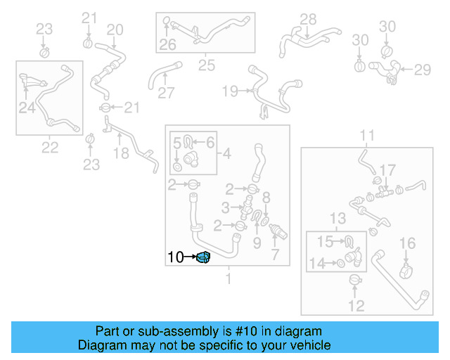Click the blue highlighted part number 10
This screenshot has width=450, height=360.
point(204,258)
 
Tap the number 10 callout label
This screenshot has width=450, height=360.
point(176,258)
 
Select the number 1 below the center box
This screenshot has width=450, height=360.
point(227,279)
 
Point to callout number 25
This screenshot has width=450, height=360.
point(206,66)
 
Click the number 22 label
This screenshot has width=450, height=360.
point(49,148)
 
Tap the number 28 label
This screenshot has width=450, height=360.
point(308,19)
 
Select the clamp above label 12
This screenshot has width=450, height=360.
point(356,282)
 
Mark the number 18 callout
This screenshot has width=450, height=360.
point(122,154)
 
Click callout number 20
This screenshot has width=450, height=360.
point(115,30)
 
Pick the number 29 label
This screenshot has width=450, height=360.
point(422,70)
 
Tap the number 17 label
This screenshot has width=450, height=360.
point(387,170)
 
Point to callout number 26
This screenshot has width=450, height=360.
point(167,45)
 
